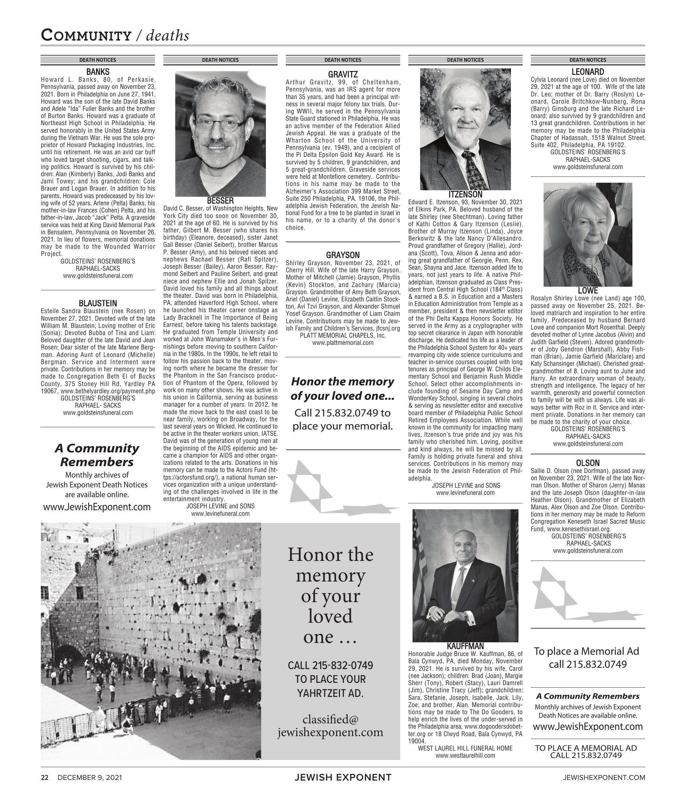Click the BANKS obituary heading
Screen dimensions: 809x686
click(x=98, y=72)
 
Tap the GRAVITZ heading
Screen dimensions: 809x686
click(x=343, y=74)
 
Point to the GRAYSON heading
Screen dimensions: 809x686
click(x=343, y=255)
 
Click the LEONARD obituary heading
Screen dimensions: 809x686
click(x=588, y=72)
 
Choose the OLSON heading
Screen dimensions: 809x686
click(x=588, y=463)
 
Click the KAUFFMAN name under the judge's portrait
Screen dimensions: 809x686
click(x=465, y=646)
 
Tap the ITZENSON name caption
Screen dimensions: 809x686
click(x=465, y=194)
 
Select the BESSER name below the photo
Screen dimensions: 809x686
click(x=220, y=201)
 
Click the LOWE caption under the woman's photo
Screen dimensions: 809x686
click(x=588, y=291)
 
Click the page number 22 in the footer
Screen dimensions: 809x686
click(x=45, y=778)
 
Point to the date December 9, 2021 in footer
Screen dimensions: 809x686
click(x=90, y=778)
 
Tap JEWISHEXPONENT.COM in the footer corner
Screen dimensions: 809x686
click(x=604, y=778)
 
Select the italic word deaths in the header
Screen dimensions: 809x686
click(x=168, y=36)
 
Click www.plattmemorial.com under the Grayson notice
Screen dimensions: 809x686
click(x=343, y=343)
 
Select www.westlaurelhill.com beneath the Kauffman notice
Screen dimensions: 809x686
click(x=465, y=756)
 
